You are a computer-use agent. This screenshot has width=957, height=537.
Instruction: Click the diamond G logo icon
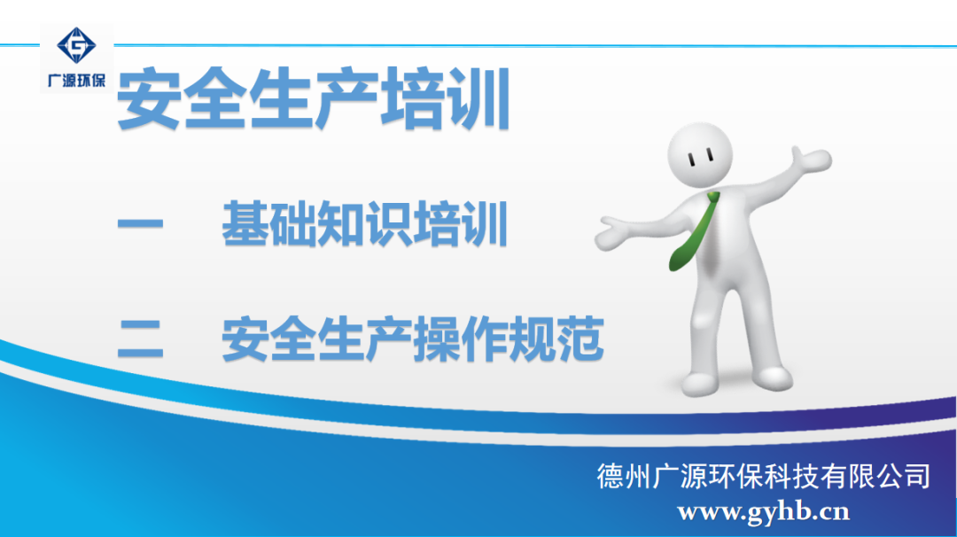[76, 45]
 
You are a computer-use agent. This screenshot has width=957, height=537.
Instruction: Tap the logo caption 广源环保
[76, 81]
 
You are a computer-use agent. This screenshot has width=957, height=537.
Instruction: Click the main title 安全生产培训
[314, 99]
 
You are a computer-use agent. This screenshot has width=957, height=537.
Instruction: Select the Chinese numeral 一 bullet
[140, 224]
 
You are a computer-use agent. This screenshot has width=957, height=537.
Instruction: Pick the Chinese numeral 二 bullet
[140, 339]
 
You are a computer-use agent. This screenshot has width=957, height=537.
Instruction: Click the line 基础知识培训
[364, 224]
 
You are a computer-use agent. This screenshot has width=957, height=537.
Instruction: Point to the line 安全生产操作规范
[413, 339]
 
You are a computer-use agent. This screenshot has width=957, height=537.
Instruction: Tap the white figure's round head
[700, 155]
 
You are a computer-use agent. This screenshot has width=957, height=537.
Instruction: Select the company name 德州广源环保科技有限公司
[764, 477]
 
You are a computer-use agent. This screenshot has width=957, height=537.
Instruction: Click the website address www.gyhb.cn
[764, 512]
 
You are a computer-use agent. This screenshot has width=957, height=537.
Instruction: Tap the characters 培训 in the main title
[446, 99]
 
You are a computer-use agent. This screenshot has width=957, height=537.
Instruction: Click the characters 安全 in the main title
[182, 99]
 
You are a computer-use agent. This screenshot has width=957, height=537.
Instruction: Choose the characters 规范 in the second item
[556, 339]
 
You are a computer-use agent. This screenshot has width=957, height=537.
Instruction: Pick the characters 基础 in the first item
[269, 224]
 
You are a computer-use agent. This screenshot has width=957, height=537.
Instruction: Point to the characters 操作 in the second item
[461, 339]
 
